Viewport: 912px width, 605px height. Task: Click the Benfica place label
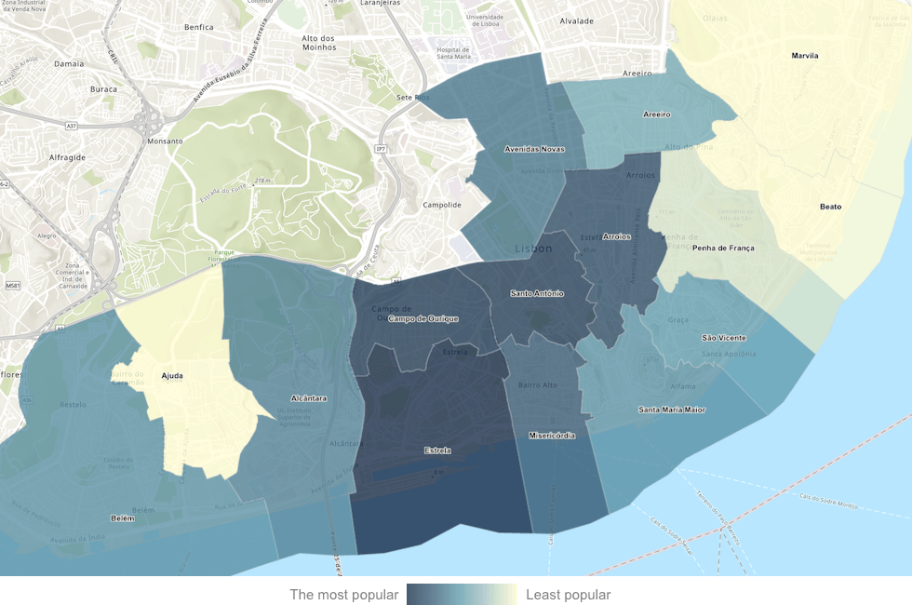pyautogui.click(x=198, y=28)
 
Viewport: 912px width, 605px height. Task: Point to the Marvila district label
pyautogui.click(x=805, y=56)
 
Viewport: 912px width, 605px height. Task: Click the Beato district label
pyautogui.click(x=830, y=207)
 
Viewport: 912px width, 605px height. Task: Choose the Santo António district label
pyautogui.click(x=537, y=293)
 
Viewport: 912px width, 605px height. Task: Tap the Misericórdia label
pyautogui.click(x=552, y=436)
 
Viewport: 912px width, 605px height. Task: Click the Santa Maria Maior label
pyautogui.click(x=672, y=410)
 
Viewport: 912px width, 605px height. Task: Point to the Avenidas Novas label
pyautogui.click(x=533, y=149)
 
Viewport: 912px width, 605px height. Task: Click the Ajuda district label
pyautogui.click(x=172, y=376)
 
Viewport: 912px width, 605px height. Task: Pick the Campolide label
pyautogui.click(x=442, y=205)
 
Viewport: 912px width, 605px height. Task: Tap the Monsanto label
pyautogui.click(x=165, y=141)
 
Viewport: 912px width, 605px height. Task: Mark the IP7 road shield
pyautogui.click(x=381, y=149)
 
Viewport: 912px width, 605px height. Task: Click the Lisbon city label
pyautogui.click(x=533, y=249)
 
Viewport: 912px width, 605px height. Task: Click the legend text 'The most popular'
pyautogui.click(x=344, y=595)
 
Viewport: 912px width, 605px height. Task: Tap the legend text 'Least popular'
pyautogui.click(x=569, y=595)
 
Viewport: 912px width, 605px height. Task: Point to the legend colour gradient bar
pyautogui.click(x=462, y=595)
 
